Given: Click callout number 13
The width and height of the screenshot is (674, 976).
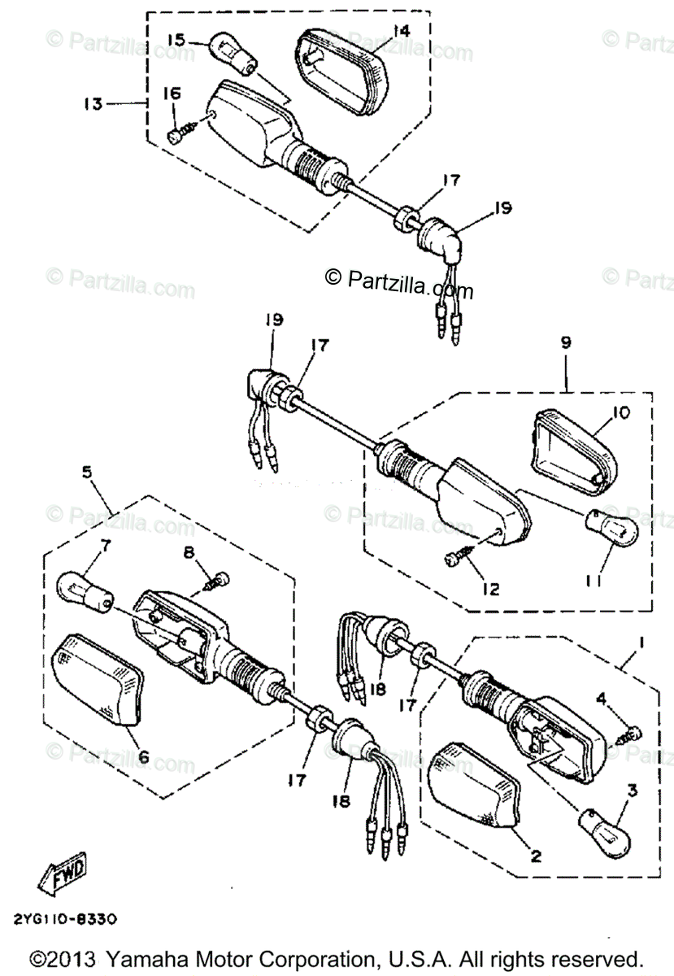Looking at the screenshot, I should click(x=92, y=103).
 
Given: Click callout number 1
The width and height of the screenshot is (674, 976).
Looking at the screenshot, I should click(x=642, y=643).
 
